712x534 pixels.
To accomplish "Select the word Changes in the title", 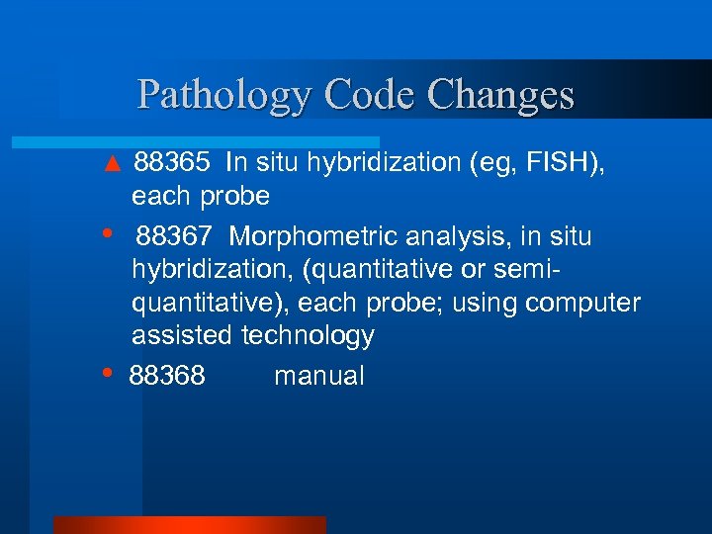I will tap(501, 95).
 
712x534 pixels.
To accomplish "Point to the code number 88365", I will tap(172, 162).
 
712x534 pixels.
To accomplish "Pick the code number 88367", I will tap(174, 237).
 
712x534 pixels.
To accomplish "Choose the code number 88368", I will tap(167, 377).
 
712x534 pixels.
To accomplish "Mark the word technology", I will tap(308, 336).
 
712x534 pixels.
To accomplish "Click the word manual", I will tap(318, 377).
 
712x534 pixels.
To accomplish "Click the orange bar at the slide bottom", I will tap(189, 524).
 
